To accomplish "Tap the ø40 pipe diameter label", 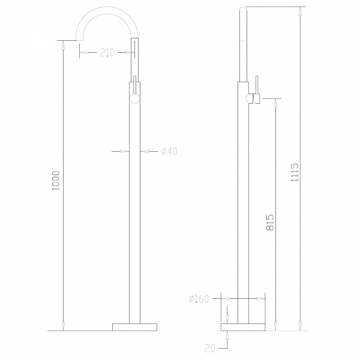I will click(x=169, y=151).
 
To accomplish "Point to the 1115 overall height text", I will click(x=295, y=173).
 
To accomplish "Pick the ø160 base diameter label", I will click(x=199, y=298).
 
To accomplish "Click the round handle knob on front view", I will click(x=135, y=97).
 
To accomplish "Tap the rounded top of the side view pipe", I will click(x=243, y=7).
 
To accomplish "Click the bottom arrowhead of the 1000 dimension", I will click(x=64, y=326).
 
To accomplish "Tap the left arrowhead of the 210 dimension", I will click(x=83, y=53).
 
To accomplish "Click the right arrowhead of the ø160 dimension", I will click(x=261, y=298).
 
